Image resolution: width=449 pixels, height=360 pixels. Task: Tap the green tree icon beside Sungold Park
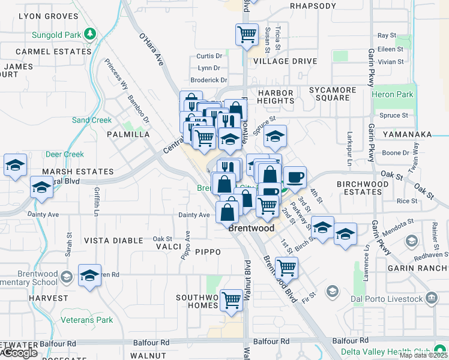[x=91, y=34]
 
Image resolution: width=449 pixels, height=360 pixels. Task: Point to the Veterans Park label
[x=86, y=320]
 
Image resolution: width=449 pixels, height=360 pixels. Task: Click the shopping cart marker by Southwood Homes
[x=231, y=299]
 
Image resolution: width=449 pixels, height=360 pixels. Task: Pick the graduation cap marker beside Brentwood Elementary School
[x=89, y=275]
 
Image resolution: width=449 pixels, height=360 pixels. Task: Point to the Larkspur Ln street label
[x=349, y=148]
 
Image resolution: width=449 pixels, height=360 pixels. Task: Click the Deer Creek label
[x=65, y=154]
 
